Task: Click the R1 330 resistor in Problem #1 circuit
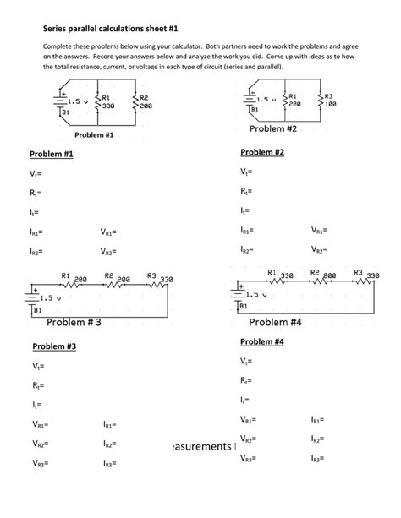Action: (99, 103)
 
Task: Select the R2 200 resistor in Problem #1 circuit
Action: (135, 103)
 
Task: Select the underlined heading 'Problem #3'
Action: (54, 346)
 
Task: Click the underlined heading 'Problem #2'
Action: (262, 152)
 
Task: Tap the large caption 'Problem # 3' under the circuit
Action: (74, 323)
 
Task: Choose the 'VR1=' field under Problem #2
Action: (319, 229)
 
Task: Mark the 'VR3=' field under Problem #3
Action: (39, 463)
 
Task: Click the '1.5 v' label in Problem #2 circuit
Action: (266, 99)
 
